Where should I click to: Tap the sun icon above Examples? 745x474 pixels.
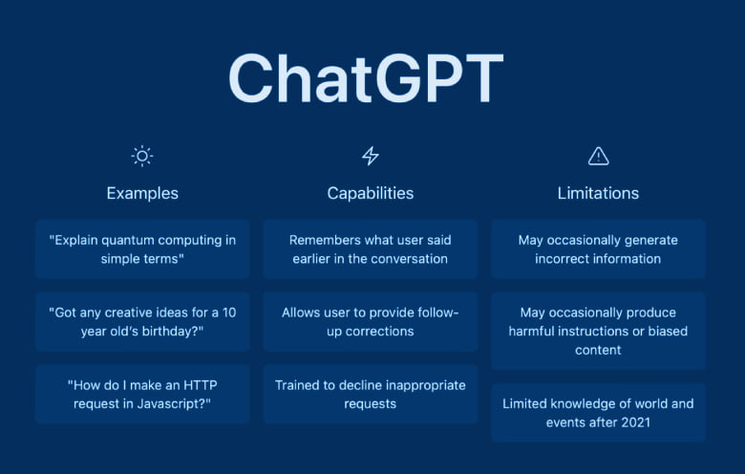[142, 156]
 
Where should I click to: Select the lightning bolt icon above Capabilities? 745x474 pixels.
[371, 156]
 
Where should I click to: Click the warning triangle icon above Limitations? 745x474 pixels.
[598, 156]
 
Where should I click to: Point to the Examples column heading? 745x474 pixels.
[142, 193]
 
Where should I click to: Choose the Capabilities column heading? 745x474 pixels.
[371, 193]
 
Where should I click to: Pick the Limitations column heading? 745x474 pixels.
[598, 193]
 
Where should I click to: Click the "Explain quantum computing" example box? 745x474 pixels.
[142, 249]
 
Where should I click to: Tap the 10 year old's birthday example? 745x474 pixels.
[142, 322]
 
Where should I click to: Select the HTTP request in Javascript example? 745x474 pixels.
[142, 394]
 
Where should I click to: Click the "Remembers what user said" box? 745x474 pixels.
[371, 249]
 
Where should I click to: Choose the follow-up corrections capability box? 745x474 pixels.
[371, 322]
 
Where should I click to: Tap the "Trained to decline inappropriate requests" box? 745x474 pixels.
[371, 394]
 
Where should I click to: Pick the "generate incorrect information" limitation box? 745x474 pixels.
[598, 249]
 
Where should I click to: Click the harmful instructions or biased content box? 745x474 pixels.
[598, 331]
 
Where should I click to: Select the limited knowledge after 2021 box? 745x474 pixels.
[598, 413]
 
